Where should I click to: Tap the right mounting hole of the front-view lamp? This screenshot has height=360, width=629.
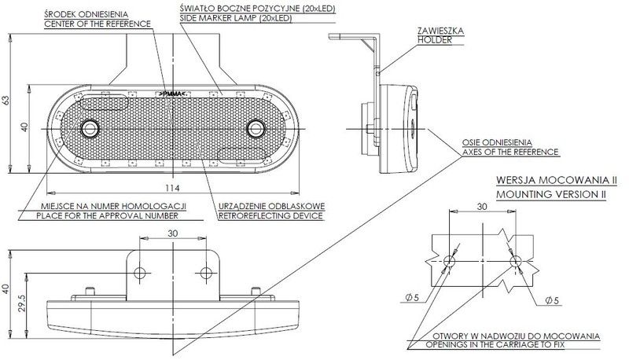(255, 127)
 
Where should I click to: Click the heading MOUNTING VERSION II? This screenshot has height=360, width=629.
(551, 191)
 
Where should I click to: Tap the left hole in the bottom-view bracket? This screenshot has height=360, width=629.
(141, 273)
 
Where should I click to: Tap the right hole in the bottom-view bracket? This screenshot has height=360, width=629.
(206, 273)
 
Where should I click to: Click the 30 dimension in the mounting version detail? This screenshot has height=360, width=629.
(481, 207)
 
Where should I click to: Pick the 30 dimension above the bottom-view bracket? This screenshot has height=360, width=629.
(173, 234)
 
